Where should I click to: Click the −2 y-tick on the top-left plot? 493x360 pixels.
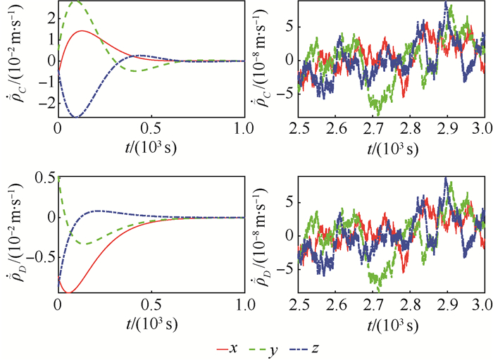click(48, 103)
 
